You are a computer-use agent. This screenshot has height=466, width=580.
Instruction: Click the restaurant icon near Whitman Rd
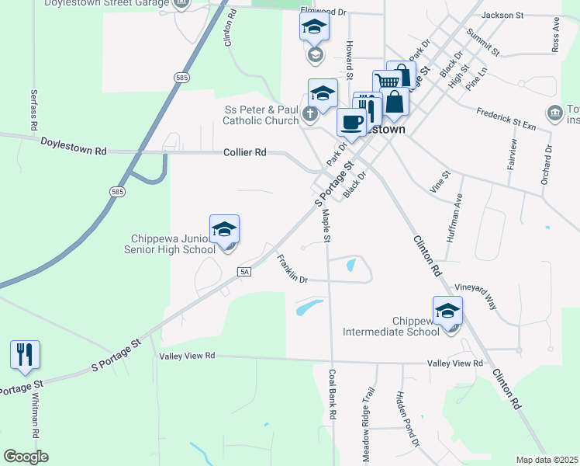coord(25,354)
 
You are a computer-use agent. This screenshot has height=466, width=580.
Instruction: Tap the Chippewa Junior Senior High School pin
coord(224,229)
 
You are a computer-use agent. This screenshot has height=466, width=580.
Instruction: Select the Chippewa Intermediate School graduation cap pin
coord(447,311)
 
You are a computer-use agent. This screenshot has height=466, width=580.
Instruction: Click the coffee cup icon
coord(351,122)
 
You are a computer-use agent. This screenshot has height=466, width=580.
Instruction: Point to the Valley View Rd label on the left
coord(187,356)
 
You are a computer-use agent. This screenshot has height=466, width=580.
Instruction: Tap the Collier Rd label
coord(245,153)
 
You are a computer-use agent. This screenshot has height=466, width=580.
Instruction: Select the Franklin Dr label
coord(292,269)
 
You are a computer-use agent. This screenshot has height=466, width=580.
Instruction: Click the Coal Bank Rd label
coord(332,394)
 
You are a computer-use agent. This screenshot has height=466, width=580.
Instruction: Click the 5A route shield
coord(245,271)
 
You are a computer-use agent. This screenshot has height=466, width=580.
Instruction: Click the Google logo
coord(26,457)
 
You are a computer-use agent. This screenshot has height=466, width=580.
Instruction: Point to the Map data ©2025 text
coord(547,460)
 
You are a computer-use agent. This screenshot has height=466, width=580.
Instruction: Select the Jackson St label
coord(502,15)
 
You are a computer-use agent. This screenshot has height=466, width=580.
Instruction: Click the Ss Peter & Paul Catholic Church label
coord(261,115)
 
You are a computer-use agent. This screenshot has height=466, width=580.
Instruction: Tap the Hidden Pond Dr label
coord(408,419)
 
